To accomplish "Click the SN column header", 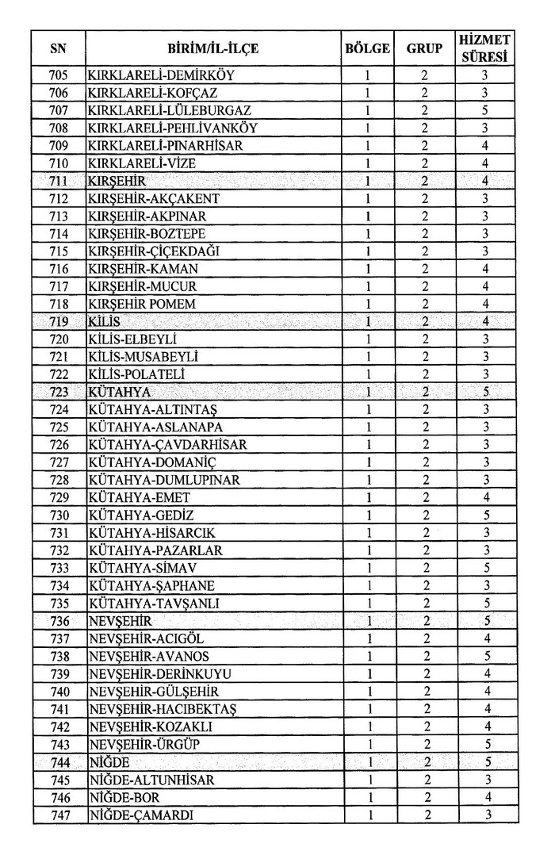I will (x=58, y=48).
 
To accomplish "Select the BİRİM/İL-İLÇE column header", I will (x=212, y=48).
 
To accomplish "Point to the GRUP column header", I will (x=424, y=48).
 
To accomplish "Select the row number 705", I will (x=58, y=76).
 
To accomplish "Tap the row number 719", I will (x=58, y=321).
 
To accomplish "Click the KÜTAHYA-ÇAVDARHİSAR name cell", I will (x=168, y=444).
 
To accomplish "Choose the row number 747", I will (x=58, y=815).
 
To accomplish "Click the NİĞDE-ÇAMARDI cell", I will (x=140, y=815).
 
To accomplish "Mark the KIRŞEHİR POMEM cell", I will (x=142, y=304).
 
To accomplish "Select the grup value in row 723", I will (x=424, y=392).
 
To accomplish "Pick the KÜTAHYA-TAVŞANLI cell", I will (x=154, y=603).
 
